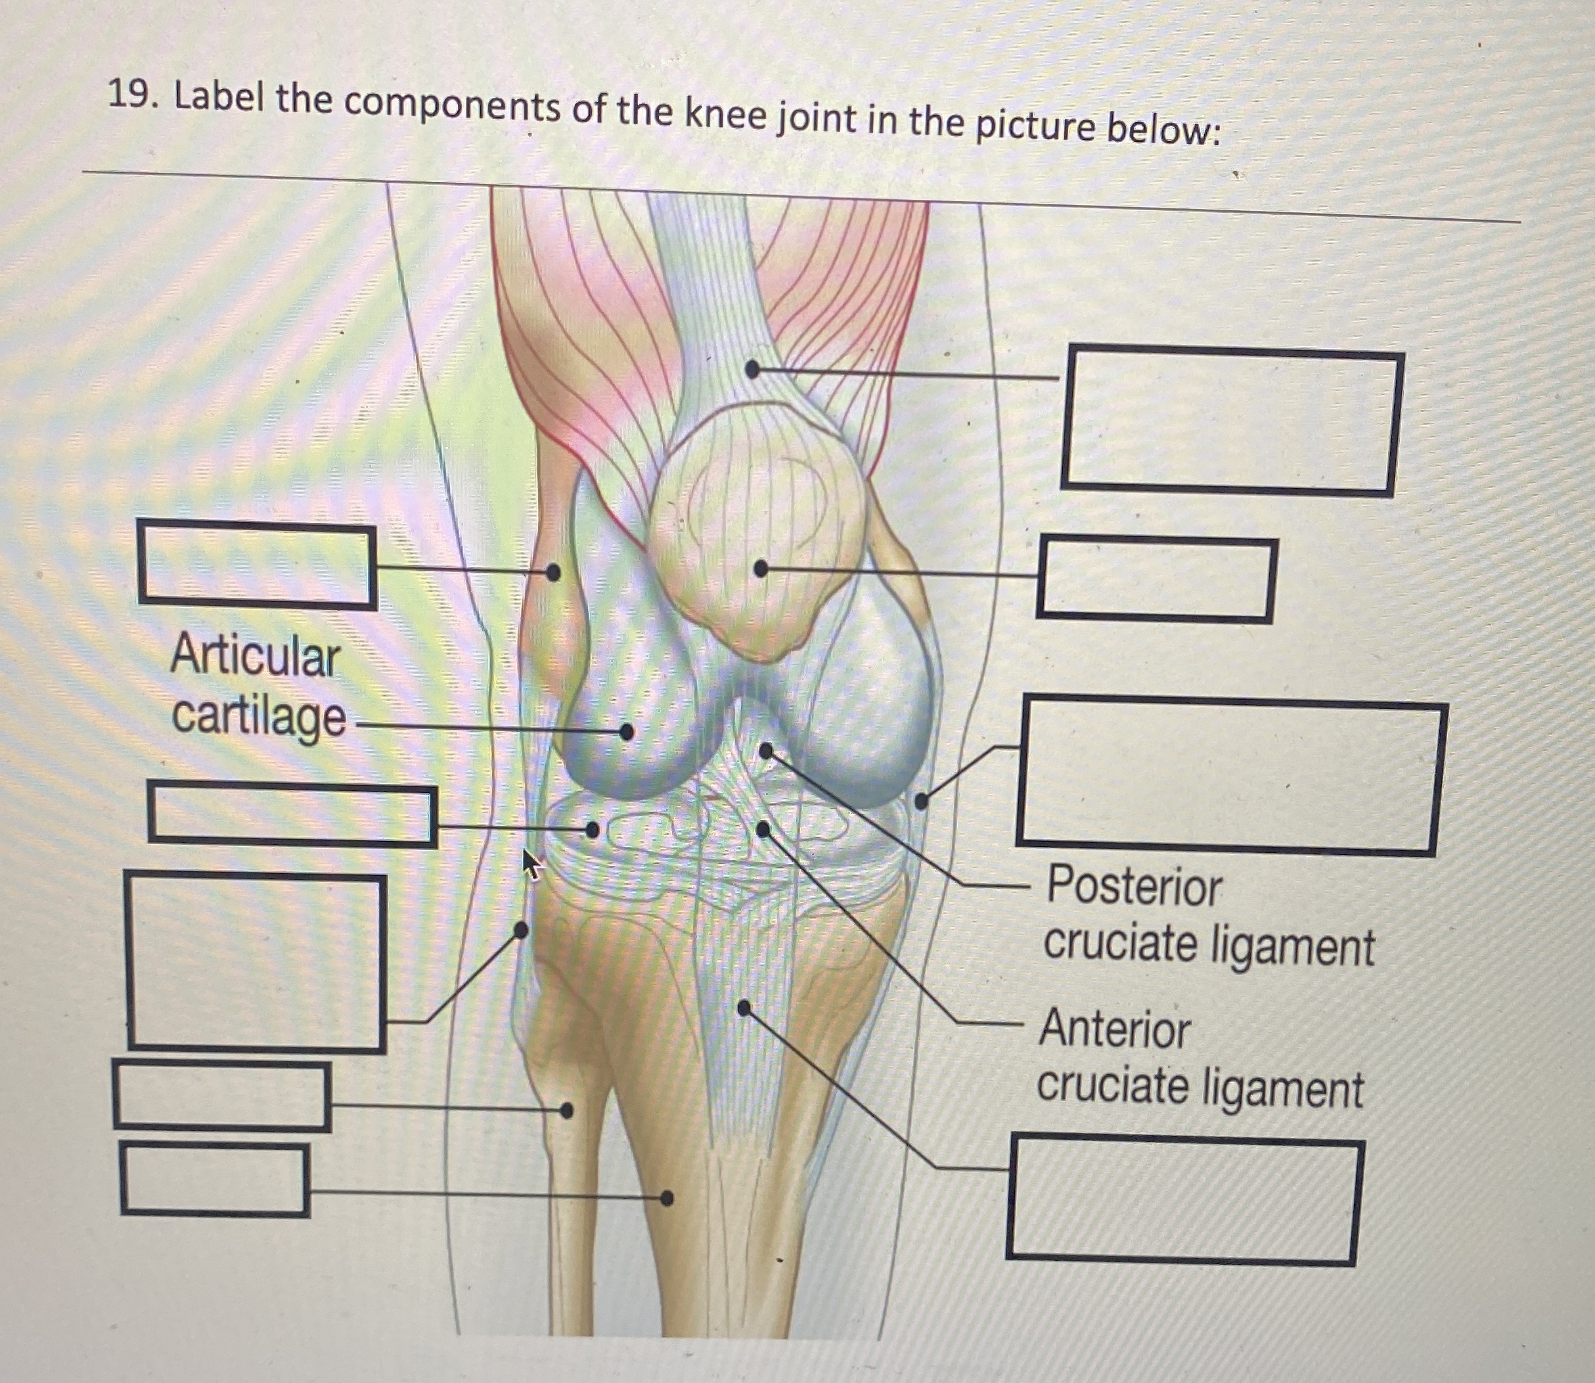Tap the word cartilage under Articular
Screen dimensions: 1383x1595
259,717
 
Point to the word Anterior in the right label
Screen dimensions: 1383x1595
1114,1030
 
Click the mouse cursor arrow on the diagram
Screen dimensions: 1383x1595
531,863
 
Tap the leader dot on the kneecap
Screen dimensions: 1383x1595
760,569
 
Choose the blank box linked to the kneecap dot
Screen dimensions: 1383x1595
1154,579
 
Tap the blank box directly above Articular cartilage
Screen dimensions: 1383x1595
257,564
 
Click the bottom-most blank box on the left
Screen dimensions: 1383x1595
215,1180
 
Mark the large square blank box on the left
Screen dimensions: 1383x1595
256,962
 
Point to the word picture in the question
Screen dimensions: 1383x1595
1034,125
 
